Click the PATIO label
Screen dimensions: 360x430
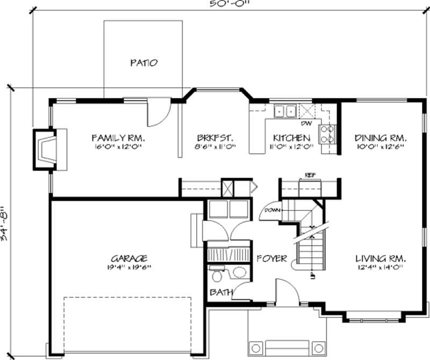click(144, 63)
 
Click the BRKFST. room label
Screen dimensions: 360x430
click(214, 137)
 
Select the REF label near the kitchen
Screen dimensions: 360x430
click(309, 175)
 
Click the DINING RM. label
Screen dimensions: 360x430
click(379, 137)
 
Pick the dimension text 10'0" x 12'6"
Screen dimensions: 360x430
click(379, 146)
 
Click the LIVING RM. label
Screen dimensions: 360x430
click(379, 258)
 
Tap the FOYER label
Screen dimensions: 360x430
click(271, 258)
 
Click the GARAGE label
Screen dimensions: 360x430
click(130, 258)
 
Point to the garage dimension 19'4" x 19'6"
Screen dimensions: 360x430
click(130, 267)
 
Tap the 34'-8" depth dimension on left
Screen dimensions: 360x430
click(5, 223)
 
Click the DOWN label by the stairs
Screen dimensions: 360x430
click(270, 211)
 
